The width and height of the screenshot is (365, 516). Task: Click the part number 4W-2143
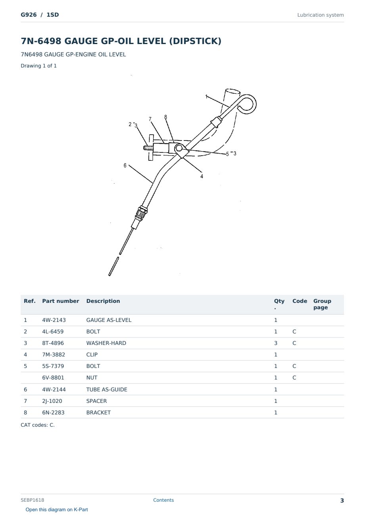click(x=54, y=320)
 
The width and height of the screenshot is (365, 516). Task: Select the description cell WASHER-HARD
click(x=106, y=343)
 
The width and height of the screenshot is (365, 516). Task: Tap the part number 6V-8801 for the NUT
click(x=53, y=377)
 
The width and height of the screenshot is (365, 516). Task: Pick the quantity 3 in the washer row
click(x=276, y=343)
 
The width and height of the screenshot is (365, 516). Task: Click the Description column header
click(x=103, y=301)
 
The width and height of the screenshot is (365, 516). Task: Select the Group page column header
click(x=322, y=304)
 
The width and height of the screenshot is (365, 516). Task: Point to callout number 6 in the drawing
click(x=125, y=166)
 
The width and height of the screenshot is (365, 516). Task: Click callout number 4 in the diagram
click(x=202, y=176)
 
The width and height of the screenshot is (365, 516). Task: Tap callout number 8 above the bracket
click(x=165, y=117)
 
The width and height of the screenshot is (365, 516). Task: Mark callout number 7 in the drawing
click(x=150, y=119)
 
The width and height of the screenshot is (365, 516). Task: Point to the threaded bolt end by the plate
click(x=148, y=148)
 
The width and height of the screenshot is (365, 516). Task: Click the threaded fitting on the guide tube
click(x=141, y=213)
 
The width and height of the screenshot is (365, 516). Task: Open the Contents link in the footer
click(x=163, y=500)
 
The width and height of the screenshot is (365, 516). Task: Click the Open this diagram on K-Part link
click(x=57, y=509)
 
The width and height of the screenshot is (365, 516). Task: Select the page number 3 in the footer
click(x=342, y=501)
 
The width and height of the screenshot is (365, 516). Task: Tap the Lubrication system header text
click(x=320, y=15)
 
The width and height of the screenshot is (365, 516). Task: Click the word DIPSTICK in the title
click(x=195, y=41)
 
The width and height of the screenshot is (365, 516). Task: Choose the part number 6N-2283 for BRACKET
click(x=53, y=412)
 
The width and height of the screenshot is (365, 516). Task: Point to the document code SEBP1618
click(x=33, y=500)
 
